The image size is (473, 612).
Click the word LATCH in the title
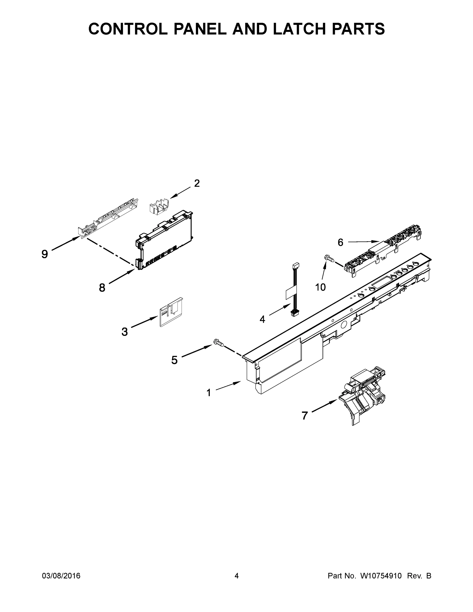[300, 29]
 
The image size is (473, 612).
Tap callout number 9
[45, 254]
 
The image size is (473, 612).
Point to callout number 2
[197, 184]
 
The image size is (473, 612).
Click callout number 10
[321, 287]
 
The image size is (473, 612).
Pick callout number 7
[305, 416]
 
